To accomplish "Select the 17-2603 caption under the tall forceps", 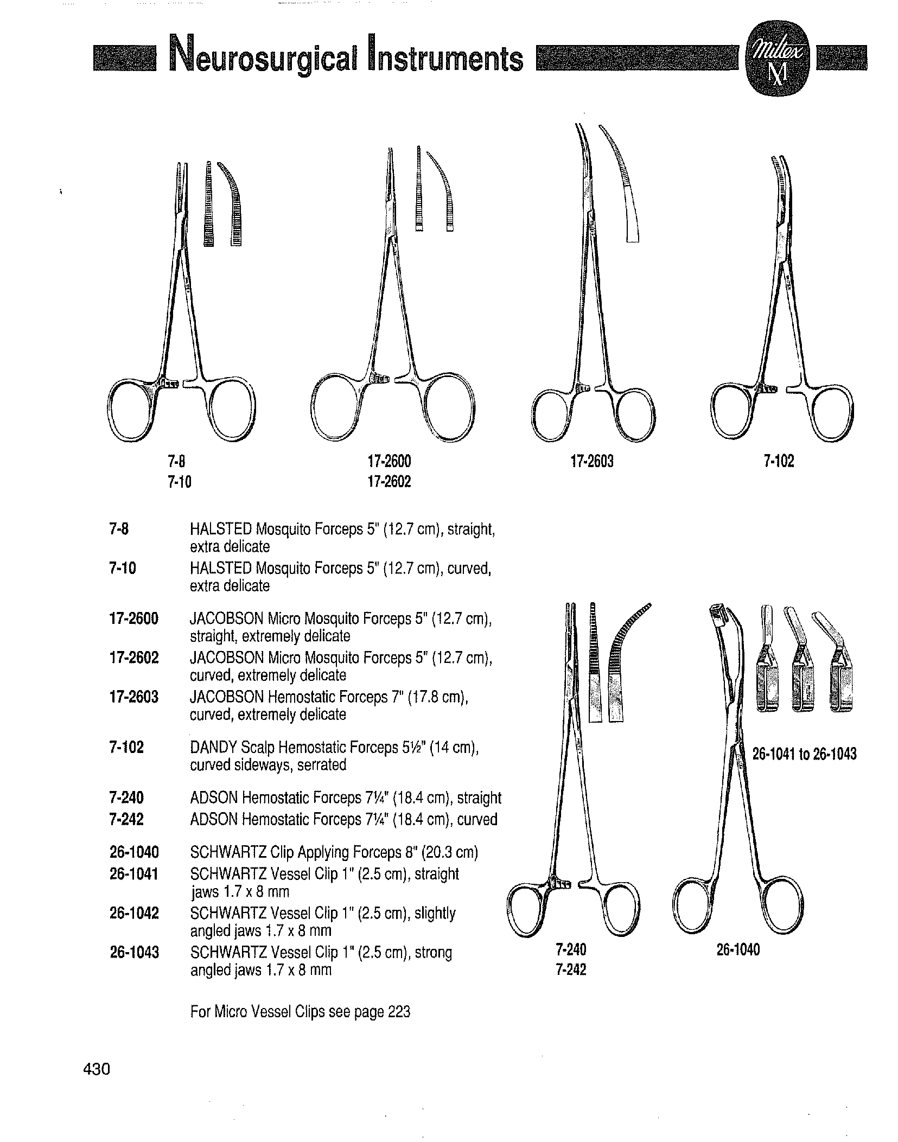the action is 592,462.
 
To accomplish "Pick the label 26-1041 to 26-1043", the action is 804,754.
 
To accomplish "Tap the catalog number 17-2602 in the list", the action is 134,658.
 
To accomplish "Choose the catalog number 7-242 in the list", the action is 126,819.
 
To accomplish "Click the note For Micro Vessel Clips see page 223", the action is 300,1012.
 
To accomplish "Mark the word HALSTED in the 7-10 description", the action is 220,569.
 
